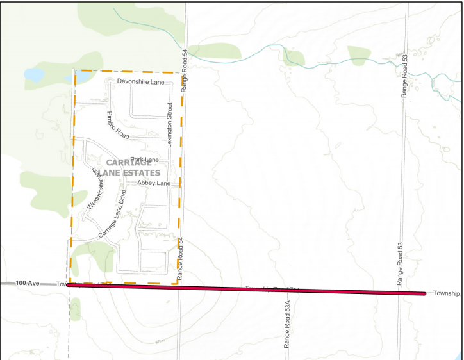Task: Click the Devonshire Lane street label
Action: click(140, 82)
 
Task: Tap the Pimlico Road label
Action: click(118, 125)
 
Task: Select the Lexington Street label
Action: click(170, 125)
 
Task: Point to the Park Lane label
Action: click(144, 160)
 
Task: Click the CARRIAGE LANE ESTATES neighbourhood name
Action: click(133, 168)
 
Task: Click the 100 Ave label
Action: click(28, 282)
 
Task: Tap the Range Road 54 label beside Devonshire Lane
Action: click(185, 71)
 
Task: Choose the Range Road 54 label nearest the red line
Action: click(181, 259)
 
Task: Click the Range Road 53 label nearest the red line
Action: click(399, 265)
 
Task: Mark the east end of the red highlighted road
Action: click(424, 294)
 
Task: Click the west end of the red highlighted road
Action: click(68, 284)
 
